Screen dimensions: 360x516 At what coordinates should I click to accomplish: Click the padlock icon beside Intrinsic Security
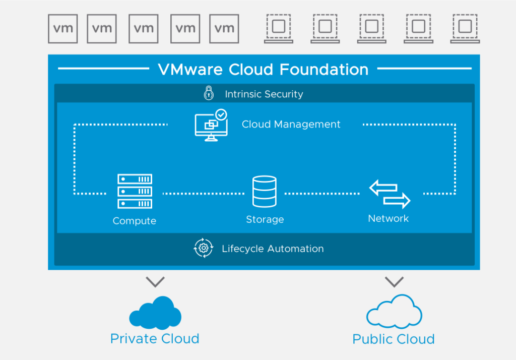[209, 93]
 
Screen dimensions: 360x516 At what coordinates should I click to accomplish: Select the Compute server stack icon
[135, 192]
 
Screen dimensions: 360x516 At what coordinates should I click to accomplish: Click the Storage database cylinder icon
[265, 192]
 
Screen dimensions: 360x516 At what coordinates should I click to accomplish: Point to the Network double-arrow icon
[390, 194]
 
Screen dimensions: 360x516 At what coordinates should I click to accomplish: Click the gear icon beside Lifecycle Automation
[204, 248]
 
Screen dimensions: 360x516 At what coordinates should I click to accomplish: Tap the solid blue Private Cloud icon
[155, 313]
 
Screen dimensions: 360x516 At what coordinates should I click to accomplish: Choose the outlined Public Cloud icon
[394, 312]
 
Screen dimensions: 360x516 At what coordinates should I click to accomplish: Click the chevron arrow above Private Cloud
[155, 282]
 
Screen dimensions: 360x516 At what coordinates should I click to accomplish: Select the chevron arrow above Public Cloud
[394, 281]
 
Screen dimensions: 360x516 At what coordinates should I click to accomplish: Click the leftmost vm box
[63, 28]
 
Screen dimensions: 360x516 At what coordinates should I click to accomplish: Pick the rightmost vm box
[224, 28]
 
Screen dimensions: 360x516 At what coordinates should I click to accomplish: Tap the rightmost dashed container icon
[465, 28]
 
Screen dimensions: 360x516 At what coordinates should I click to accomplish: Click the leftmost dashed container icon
[279, 28]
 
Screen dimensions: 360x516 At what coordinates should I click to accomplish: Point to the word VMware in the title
[191, 69]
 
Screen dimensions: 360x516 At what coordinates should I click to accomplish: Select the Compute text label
[135, 221]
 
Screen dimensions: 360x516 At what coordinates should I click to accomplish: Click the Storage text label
[265, 219]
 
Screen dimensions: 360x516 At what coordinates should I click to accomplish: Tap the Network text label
[389, 218]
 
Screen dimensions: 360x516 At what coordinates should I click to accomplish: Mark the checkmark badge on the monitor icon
[221, 114]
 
